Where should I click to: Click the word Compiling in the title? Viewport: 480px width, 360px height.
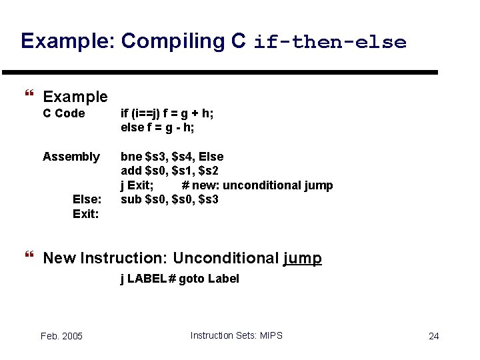tap(173, 41)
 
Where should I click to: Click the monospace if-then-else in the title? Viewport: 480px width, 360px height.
tap(329, 43)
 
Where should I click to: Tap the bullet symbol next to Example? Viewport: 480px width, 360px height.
tap(28, 97)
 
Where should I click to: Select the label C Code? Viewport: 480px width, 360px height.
tap(64, 113)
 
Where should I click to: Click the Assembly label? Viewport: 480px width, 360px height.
tap(71, 157)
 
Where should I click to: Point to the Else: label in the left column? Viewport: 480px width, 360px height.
tap(87, 199)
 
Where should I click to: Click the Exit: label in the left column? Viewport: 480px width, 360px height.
tap(86, 214)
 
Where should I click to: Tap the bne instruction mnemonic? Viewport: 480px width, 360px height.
tap(131, 157)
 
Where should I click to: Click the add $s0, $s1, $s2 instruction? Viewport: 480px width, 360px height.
tap(170, 171)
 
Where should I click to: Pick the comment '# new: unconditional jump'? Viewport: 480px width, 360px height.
tap(257, 185)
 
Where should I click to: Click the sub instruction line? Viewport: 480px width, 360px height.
tap(169, 199)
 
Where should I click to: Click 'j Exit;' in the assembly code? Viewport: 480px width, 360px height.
tap(137, 185)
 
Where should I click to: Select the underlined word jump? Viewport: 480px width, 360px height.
tap(302, 259)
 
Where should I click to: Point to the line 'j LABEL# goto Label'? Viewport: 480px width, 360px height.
tap(179, 279)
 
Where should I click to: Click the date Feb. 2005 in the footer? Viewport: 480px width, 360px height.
tap(61, 336)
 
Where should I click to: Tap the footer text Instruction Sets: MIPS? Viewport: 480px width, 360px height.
tap(236, 335)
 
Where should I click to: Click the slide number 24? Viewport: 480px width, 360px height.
tap(433, 336)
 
